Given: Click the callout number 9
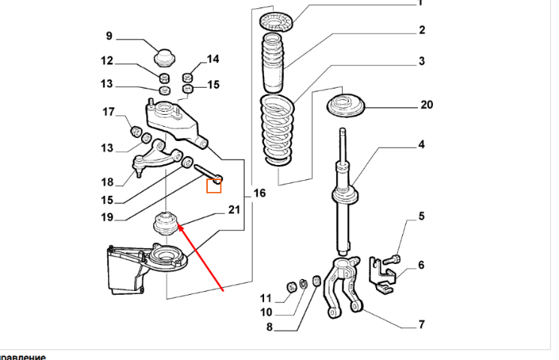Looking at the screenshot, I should tap(108, 35).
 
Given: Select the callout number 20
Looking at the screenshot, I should tap(426, 106).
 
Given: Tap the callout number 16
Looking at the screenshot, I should tap(259, 193).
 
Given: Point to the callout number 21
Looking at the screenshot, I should tap(234, 210).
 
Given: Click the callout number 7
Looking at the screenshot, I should tap(421, 325).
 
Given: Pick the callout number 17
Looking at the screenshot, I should tap(108, 112).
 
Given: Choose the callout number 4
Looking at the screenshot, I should tap(422, 144).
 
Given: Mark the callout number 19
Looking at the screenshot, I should tap(107, 217).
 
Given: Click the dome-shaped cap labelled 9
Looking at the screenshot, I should tap(164, 57).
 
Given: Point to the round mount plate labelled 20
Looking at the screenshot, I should tap(345, 104).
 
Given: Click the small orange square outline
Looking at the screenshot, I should tap(214, 185).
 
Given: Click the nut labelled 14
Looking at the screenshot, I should tap(188, 76).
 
